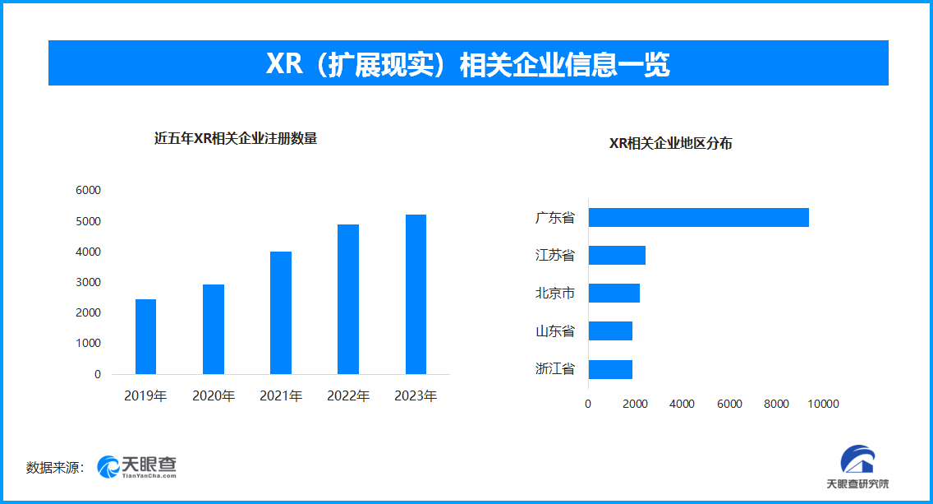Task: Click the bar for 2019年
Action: point(145,336)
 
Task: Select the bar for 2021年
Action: point(281,312)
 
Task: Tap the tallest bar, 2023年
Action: point(416,294)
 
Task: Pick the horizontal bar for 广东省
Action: point(698,217)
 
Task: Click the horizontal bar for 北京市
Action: point(614,293)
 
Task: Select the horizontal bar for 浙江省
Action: point(610,369)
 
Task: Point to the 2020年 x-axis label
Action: point(214,396)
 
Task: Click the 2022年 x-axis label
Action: point(348,396)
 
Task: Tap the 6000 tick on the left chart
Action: point(87,190)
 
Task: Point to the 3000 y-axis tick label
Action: point(87,282)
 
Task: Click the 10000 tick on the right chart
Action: point(823,404)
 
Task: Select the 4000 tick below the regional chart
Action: point(682,404)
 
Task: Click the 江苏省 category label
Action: point(555,256)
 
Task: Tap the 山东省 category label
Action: point(555,331)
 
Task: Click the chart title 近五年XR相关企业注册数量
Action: point(236,139)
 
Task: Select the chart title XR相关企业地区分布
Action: point(670,144)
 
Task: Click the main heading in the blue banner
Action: point(467,63)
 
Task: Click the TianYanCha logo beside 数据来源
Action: point(137,467)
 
